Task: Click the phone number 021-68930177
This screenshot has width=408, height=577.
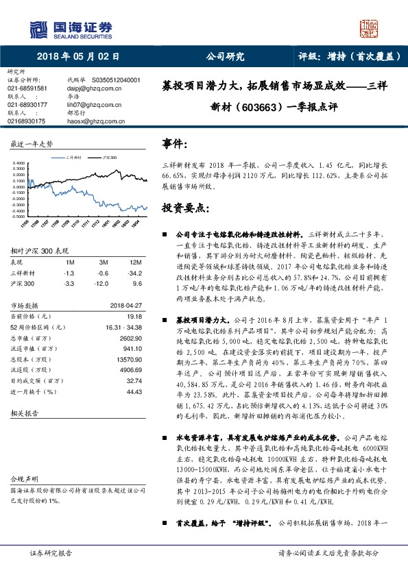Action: pos(27,104)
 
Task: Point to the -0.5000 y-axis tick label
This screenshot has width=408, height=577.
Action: pos(20,217)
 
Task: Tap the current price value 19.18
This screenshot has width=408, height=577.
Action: pos(134,316)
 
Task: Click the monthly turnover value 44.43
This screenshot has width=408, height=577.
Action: pos(134,410)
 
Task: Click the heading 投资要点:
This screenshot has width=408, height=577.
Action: pos(184,207)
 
